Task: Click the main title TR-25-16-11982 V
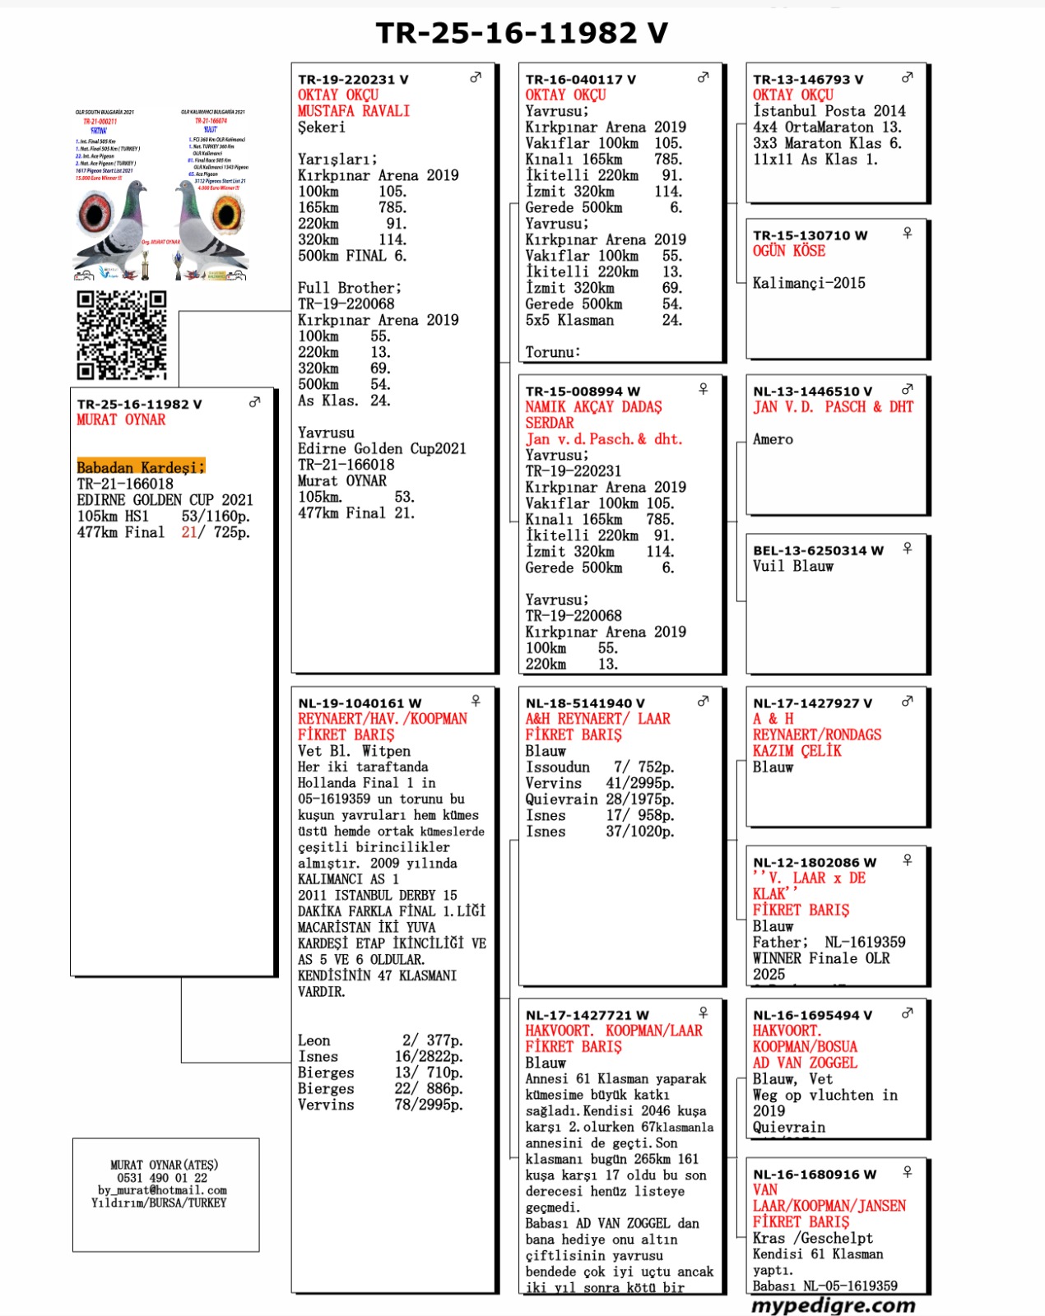[522, 33]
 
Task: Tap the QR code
[122, 335]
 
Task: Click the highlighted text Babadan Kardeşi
[140, 467]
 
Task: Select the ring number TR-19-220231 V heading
[353, 80]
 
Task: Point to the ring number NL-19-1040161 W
[360, 703]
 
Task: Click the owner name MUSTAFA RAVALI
[353, 111]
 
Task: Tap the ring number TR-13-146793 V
[808, 80]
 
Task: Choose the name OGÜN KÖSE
[788, 251]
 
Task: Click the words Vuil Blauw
[792, 566]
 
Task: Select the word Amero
[773, 439]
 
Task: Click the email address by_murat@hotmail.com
[162, 1190]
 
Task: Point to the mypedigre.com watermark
[833, 1305]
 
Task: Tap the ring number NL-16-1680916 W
[815, 1175]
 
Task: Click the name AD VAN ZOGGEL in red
[805, 1063]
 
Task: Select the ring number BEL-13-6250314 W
[818, 550]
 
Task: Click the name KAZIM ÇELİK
[797, 751]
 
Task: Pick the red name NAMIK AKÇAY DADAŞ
[593, 407]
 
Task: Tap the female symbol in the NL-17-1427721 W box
[704, 1012]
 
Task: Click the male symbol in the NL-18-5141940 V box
[704, 701]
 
